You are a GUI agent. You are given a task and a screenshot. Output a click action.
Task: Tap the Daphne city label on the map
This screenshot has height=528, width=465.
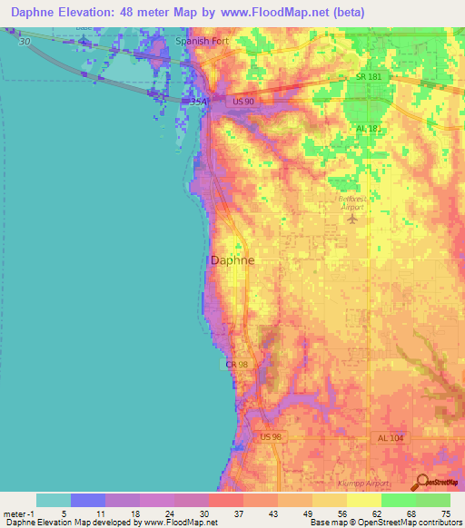point(232,259)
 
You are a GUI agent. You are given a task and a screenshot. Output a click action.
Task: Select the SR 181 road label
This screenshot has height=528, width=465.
point(370,78)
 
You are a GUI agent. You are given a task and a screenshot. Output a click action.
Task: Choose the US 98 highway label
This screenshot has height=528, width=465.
point(272,437)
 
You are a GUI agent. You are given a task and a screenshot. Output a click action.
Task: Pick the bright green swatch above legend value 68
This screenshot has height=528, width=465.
point(398,500)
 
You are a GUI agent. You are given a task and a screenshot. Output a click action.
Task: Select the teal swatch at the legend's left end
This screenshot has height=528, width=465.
point(53,500)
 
